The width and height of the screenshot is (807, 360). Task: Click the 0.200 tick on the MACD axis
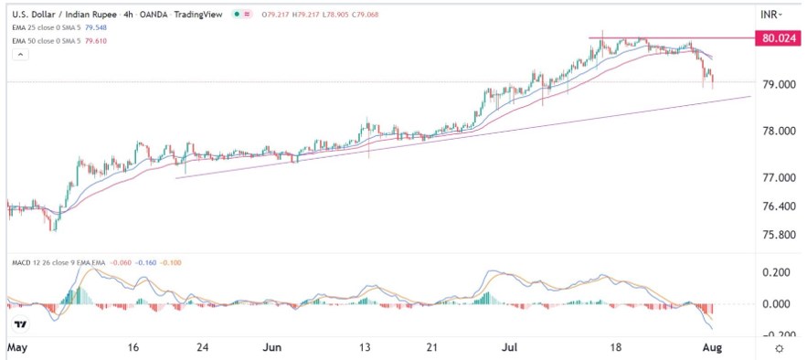[773, 273]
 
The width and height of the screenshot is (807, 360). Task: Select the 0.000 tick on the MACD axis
[773, 304]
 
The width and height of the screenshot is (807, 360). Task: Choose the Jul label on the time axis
[509, 348]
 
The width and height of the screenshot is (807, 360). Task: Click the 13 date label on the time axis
[366, 348]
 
